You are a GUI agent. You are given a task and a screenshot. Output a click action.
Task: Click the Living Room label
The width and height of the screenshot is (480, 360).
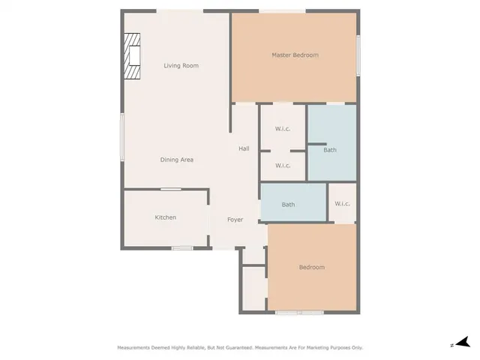181,66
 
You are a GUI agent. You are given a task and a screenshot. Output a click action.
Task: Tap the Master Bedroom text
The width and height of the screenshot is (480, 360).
295,55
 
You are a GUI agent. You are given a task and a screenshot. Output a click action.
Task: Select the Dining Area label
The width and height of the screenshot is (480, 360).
177,160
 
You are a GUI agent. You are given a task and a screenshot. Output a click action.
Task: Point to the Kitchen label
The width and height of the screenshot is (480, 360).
165,217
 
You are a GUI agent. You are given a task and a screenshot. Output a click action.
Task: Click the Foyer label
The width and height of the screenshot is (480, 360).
235,220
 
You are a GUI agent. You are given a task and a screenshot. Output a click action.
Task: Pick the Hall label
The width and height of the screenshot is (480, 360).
244,148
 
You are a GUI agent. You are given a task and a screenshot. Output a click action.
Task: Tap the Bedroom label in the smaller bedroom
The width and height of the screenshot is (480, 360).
311,267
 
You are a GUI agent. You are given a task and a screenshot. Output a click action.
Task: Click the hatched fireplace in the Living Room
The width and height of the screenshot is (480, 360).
133,56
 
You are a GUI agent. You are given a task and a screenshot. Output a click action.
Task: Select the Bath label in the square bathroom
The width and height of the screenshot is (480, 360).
330,150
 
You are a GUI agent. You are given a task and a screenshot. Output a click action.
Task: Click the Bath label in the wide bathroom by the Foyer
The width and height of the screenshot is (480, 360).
288,204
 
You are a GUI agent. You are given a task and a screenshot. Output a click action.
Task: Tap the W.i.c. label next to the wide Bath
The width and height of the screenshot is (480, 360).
342,203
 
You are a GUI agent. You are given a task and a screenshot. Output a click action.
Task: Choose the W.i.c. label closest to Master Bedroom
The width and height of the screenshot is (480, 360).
283,128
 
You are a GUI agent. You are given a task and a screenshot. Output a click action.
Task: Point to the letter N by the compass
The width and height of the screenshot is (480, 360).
451,345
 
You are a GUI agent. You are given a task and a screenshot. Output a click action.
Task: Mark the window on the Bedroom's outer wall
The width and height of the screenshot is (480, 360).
298,311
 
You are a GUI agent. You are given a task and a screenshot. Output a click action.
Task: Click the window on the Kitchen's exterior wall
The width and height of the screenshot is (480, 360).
182,247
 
